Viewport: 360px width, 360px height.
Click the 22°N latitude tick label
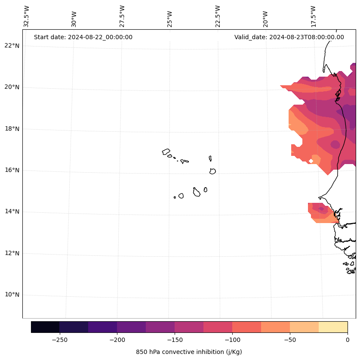[x=12, y=46]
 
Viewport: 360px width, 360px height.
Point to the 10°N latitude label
[x=12, y=295]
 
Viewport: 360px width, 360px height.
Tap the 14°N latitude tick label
[x=12, y=212]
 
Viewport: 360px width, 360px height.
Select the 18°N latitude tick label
[x=12, y=129]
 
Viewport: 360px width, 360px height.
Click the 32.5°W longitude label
[x=27, y=16]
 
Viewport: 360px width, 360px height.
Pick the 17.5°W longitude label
[x=313, y=16]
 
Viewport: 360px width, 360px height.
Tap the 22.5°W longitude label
[x=218, y=16]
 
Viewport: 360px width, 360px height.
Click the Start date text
[x=83, y=37]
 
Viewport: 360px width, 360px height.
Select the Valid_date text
[x=289, y=37]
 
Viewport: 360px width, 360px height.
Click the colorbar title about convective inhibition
[x=189, y=352]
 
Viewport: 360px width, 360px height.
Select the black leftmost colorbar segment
[x=45, y=327]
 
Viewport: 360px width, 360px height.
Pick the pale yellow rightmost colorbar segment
[x=333, y=327]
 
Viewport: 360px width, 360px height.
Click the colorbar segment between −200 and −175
[x=131, y=327]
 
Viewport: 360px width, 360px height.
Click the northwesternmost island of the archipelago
[x=166, y=152]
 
